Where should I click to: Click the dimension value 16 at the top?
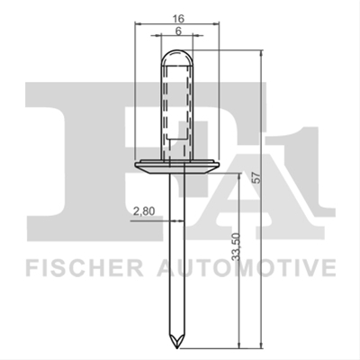click(x=178, y=19)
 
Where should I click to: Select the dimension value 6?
click(x=178, y=31)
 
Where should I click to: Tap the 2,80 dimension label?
click(x=144, y=211)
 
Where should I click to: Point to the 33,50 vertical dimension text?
click(x=237, y=247)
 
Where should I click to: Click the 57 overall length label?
click(x=256, y=178)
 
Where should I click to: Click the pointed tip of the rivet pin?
click(x=177, y=348)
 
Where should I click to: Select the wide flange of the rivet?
click(x=177, y=167)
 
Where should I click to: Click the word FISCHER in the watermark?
click(x=84, y=268)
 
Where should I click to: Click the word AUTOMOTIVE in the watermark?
click(x=247, y=268)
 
